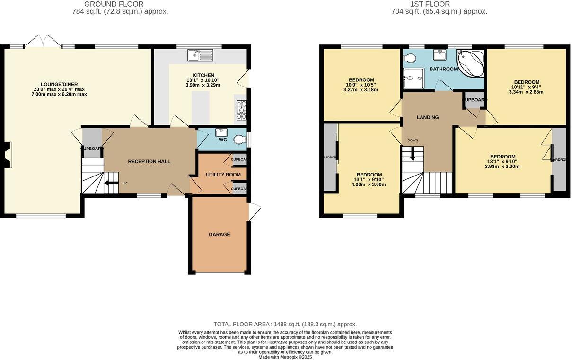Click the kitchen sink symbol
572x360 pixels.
(201, 56)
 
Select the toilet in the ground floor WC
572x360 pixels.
(240, 139)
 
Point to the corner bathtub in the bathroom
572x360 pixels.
(470, 63)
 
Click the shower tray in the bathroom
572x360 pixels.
(414, 77)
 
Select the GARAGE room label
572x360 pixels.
(220, 234)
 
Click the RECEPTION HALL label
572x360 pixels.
(149, 162)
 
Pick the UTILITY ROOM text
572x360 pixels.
(223, 175)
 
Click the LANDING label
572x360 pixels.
(428, 117)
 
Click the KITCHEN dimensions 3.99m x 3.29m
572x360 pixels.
(203, 85)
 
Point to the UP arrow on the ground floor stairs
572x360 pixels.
(112, 183)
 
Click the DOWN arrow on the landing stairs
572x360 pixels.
(413, 154)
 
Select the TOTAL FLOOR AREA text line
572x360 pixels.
(285, 324)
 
